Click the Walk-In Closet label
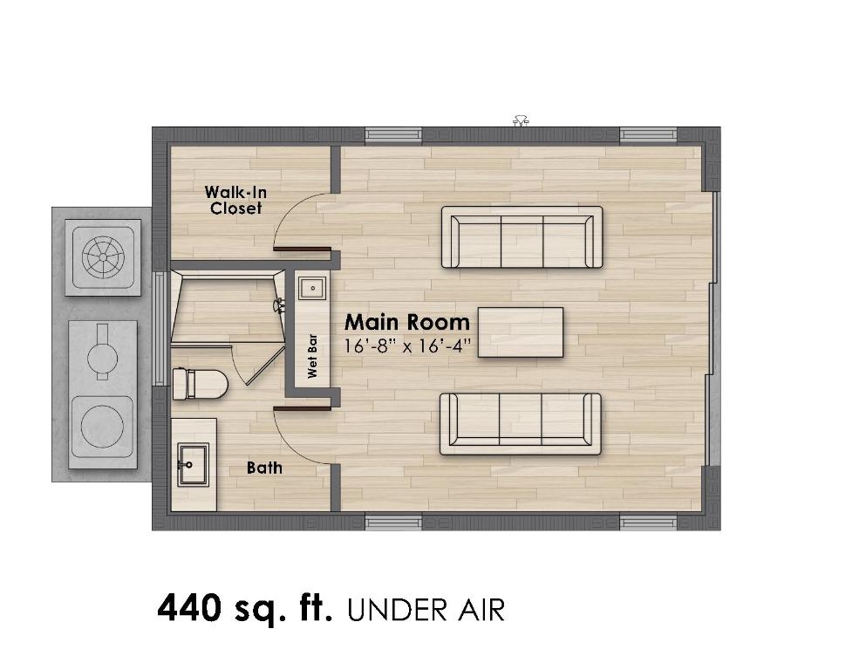click(x=234, y=200)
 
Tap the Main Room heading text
click(x=406, y=321)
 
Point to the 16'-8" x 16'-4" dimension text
click(x=407, y=345)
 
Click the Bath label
click(x=264, y=468)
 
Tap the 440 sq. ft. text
click(x=244, y=608)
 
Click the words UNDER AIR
click(x=426, y=610)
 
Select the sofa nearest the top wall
click(x=522, y=236)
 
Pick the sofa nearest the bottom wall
click(x=521, y=423)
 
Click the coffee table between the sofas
click(x=522, y=331)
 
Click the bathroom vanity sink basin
click(x=193, y=463)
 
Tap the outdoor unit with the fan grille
click(x=105, y=256)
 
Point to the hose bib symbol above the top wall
click(x=522, y=120)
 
